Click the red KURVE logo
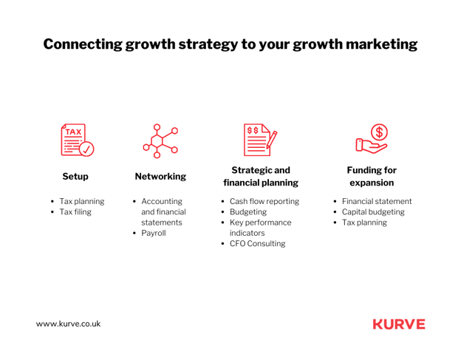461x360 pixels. (399, 324)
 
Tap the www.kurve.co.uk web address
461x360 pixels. (68, 324)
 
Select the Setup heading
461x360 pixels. (75, 177)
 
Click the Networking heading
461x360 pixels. (160, 177)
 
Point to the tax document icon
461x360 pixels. (78, 140)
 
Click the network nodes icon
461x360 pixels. (160, 141)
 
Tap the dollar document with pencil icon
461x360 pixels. (260, 140)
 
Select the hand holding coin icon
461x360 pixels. (372, 139)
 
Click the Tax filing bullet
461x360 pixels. (75, 211)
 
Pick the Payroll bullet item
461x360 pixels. (154, 233)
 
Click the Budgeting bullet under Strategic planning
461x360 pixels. (248, 211)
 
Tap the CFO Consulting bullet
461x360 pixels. (258, 243)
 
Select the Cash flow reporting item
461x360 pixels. (264, 201)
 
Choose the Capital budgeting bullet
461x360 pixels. (373, 211)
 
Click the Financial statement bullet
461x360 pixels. (377, 201)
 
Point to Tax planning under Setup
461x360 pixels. (82, 201)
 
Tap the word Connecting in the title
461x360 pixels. (83, 44)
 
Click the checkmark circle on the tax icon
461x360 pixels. (86, 149)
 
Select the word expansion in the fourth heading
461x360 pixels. (372, 183)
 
